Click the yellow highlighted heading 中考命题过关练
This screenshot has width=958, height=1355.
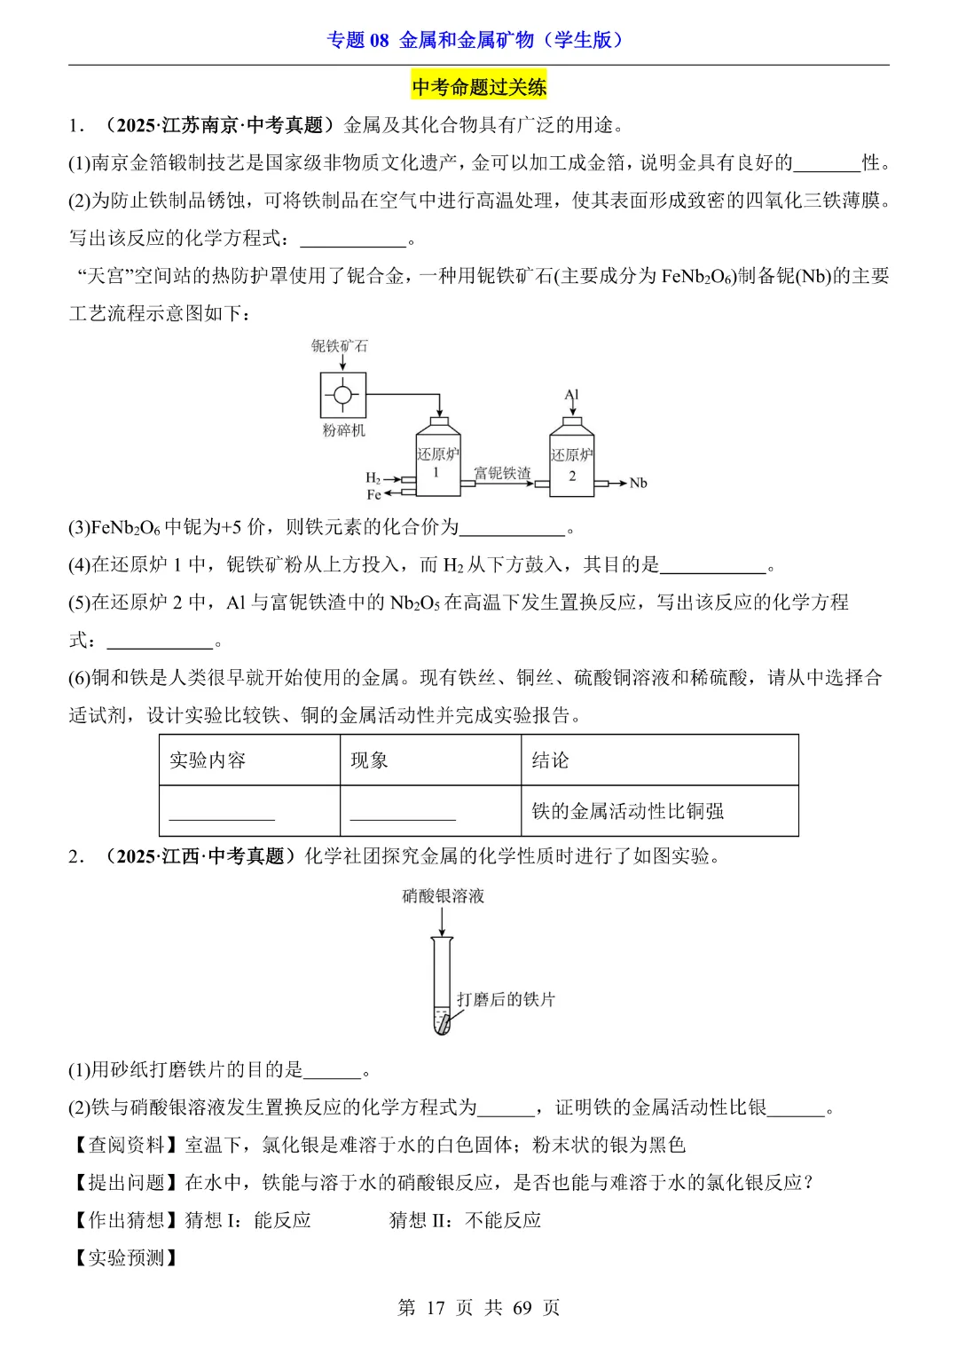(479, 87)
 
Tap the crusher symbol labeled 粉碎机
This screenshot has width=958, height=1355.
(343, 395)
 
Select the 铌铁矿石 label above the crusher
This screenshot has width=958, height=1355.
(339, 346)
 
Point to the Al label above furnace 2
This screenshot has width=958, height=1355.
(571, 395)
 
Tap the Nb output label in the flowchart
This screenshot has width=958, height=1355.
(638, 484)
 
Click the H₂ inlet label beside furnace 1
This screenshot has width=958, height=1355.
(373, 478)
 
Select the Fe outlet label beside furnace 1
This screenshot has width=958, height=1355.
(373, 494)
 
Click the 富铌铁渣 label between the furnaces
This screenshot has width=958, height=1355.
(502, 473)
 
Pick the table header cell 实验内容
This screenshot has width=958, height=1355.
(208, 760)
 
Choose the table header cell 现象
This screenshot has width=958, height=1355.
(369, 760)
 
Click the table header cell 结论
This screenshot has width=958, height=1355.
(550, 760)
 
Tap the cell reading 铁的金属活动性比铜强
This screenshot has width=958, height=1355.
(627, 811)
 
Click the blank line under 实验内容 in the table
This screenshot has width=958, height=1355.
(222, 815)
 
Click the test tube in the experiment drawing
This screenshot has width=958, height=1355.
(442, 985)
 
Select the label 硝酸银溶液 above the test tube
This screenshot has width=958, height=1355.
(443, 896)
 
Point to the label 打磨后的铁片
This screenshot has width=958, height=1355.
(506, 1000)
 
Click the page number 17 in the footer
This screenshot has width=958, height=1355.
(435, 1308)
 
